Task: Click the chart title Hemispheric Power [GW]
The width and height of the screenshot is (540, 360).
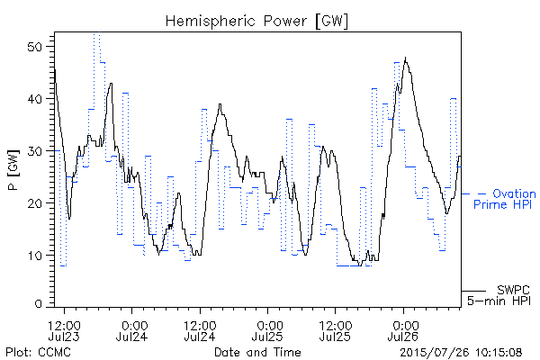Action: (x=256, y=22)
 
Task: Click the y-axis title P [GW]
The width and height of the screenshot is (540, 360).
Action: (x=13, y=170)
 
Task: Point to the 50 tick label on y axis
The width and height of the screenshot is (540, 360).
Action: (x=35, y=47)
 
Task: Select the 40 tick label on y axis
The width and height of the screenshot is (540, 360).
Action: (x=35, y=99)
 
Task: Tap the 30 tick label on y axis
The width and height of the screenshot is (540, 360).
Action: (x=35, y=151)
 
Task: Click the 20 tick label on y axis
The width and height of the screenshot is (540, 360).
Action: (x=35, y=202)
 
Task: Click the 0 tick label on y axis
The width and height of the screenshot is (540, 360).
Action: (x=39, y=304)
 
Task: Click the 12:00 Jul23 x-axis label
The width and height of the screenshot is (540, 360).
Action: (x=64, y=330)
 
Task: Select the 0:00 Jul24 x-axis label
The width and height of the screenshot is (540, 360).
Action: (x=132, y=330)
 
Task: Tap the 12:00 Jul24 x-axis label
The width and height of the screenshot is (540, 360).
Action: (x=200, y=330)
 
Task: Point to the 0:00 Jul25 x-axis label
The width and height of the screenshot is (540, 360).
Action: (x=267, y=330)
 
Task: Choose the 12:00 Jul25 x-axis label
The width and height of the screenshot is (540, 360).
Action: (x=335, y=330)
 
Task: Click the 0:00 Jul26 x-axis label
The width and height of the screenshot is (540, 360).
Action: (x=403, y=330)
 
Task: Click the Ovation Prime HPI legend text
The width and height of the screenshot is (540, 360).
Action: (x=505, y=199)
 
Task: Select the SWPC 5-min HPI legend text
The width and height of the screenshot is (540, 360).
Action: (x=499, y=295)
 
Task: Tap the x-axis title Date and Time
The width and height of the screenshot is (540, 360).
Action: (x=257, y=352)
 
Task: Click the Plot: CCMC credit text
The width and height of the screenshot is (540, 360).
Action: (x=38, y=352)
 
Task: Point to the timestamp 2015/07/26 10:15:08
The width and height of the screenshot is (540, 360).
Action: (x=461, y=353)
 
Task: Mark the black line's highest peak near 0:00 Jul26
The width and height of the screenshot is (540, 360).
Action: (x=405, y=58)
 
